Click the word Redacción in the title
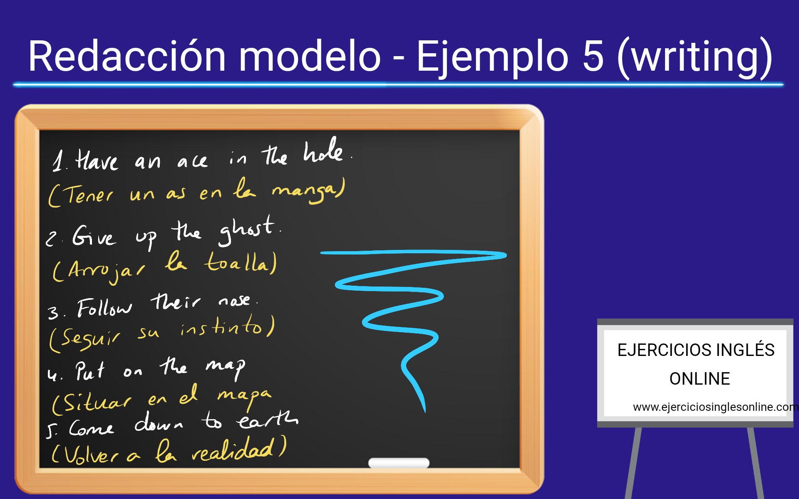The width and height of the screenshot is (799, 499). (x=127, y=56)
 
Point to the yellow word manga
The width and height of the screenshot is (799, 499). (x=309, y=191)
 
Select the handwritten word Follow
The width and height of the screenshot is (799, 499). (x=104, y=308)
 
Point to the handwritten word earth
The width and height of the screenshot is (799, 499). (x=268, y=420)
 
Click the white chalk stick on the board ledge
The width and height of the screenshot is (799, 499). (x=399, y=463)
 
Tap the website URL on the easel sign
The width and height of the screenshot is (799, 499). (x=715, y=407)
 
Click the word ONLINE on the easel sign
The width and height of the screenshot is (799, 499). (x=700, y=379)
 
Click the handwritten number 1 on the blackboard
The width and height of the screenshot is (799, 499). (x=59, y=161)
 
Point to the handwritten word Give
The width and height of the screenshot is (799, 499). (x=94, y=236)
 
